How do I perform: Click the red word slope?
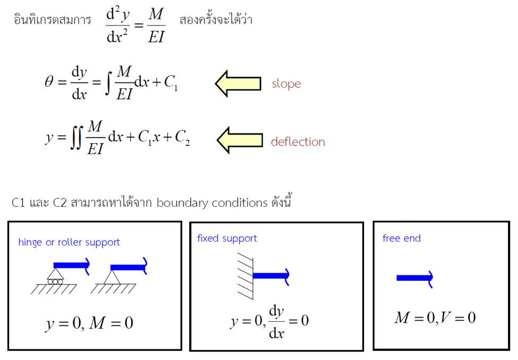(x=286, y=84)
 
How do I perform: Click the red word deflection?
(x=298, y=142)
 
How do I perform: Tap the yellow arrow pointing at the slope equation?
(x=238, y=83)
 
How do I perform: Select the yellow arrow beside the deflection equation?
(x=240, y=140)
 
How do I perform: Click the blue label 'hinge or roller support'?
(x=69, y=242)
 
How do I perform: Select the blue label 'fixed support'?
(x=227, y=238)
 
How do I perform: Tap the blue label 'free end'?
(x=401, y=238)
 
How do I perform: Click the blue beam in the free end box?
(x=414, y=278)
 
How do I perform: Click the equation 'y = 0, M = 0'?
(x=89, y=323)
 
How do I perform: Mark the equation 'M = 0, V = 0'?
(x=435, y=318)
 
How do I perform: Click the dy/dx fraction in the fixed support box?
(x=276, y=321)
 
